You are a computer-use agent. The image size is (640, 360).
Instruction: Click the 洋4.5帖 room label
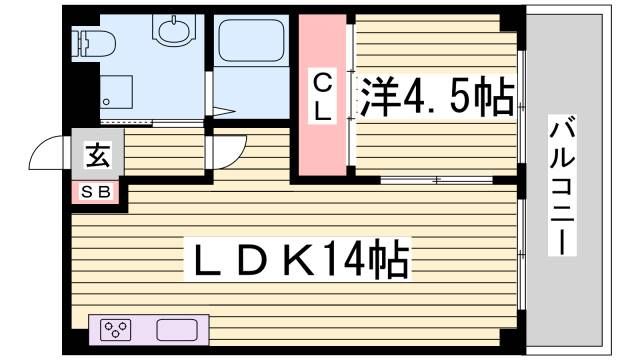pos(438,97)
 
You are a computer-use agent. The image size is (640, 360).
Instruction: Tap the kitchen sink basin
pos(179,329)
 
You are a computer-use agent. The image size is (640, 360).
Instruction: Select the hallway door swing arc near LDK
pos(229,152)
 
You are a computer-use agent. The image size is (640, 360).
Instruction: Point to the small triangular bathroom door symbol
pos(222,111)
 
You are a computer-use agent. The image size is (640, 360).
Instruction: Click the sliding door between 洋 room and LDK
pos(437,181)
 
